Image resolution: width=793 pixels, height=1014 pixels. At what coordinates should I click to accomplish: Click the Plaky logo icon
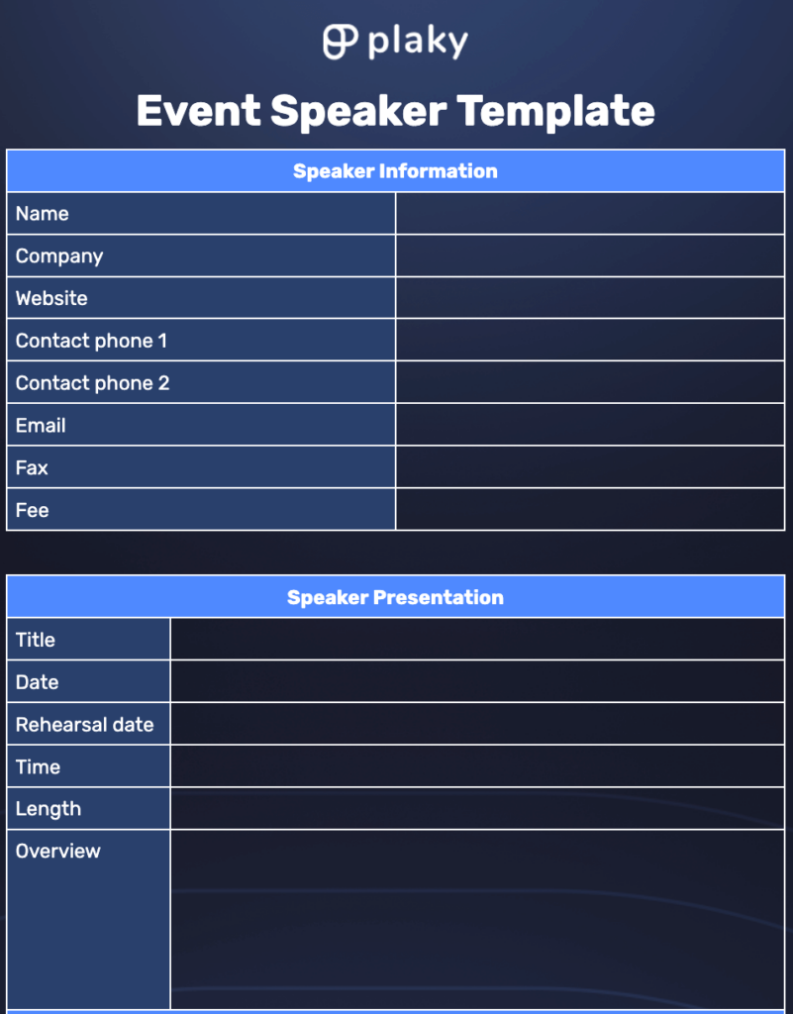tap(341, 41)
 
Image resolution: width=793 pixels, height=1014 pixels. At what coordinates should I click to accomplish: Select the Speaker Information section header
tap(395, 171)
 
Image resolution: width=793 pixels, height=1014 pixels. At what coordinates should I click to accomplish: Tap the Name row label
tap(43, 214)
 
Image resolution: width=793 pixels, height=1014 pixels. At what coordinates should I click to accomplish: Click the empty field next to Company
tap(590, 256)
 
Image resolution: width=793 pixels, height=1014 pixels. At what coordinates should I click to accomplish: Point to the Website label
tap(51, 298)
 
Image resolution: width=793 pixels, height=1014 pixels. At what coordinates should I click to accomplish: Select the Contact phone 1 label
tap(91, 341)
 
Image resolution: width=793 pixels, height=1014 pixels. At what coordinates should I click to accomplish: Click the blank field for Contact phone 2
tap(590, 383)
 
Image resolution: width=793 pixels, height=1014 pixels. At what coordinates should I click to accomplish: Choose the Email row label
tap(41, 426)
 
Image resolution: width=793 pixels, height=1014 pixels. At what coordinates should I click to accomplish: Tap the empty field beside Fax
tap(590, 467)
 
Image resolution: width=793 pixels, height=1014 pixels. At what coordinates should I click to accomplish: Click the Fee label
tap(33, 510)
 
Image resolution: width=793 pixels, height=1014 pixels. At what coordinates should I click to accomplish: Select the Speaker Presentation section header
tap(395, 597)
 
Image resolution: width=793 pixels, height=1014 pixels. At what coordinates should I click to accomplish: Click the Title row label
tap(36, 640)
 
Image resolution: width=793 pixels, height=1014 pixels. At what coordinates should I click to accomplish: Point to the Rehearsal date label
tap(85, 725)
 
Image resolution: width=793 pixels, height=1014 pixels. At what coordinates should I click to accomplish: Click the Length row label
tap(49, 809)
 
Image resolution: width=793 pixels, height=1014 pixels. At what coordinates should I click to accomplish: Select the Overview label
tap(58, 852)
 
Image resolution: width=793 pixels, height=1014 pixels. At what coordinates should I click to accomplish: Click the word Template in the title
tap(555, 110)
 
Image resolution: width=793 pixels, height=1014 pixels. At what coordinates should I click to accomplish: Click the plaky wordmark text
tap(417, 42)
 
